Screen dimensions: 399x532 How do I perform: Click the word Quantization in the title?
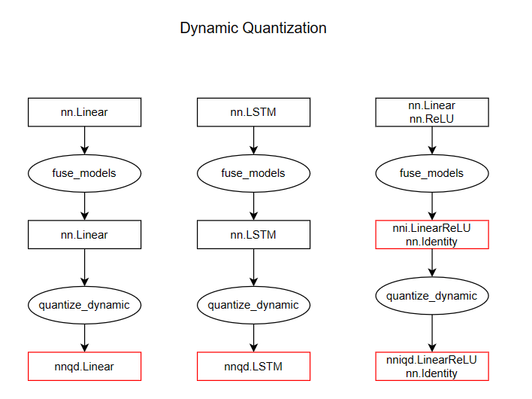click(284, 29)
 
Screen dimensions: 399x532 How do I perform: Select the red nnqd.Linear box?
click(84, 367)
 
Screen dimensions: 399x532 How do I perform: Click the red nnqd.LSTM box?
click(253, 367)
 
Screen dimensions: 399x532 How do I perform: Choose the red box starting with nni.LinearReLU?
click(432, 234)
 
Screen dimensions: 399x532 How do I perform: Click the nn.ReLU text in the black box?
click(432, 119)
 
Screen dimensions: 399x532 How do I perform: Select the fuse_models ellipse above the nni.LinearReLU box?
click(432, 173)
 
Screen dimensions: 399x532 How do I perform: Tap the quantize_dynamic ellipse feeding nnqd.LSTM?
click(253, 305)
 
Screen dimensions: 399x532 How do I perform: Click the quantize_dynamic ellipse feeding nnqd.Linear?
click(84, 305)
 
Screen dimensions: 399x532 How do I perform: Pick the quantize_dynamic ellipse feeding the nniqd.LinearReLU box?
click(432, 296)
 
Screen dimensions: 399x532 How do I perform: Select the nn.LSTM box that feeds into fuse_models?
click(253, 112)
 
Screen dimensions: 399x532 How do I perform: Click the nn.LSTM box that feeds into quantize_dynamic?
click(253, 234)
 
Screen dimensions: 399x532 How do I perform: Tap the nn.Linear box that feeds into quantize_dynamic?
click(84, 234)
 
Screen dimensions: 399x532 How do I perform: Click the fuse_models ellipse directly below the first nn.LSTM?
click(253, 173)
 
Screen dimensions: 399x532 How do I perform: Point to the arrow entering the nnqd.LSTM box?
click(253, 339)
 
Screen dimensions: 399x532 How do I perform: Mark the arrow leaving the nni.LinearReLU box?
click(432, 262)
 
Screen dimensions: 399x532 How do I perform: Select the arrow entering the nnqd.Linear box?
click(84, 339)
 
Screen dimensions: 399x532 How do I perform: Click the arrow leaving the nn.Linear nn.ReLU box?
click(432, 140)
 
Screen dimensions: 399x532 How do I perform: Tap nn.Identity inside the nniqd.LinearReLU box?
click(432, 373)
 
